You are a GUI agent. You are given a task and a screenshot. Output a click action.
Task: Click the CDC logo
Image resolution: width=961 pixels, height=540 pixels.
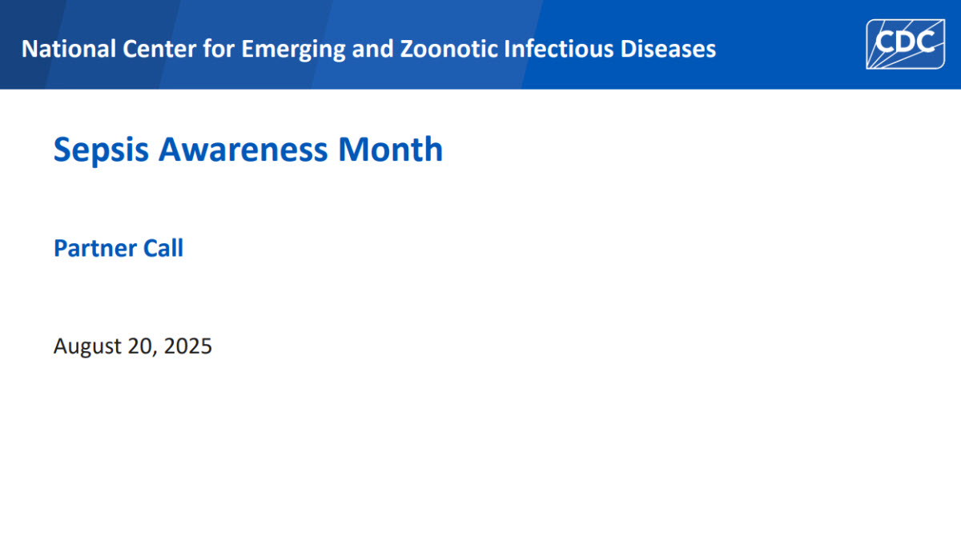905,44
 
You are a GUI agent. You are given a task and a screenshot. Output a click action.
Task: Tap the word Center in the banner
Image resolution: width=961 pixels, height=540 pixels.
159,49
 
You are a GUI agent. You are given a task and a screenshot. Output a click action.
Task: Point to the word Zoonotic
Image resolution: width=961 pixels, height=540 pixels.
448,49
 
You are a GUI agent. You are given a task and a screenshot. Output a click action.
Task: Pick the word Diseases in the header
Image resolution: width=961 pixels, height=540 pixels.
668,49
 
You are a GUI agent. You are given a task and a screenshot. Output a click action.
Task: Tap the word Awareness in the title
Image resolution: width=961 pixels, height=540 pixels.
243,150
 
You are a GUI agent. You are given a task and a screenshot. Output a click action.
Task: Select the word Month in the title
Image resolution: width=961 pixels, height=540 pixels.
391,149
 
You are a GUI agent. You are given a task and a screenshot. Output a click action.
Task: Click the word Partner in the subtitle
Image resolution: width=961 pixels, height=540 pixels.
94,248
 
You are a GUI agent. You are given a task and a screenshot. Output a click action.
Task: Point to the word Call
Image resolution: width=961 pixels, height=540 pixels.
163,248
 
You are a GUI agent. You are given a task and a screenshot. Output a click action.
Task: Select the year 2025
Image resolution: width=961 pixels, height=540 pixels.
188,346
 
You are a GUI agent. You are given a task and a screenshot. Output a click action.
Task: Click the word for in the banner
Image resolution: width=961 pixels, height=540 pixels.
219,48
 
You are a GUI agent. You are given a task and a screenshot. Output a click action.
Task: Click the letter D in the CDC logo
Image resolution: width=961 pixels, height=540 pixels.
905,42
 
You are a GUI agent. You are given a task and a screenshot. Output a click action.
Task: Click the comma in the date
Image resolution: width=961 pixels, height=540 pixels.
155,354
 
